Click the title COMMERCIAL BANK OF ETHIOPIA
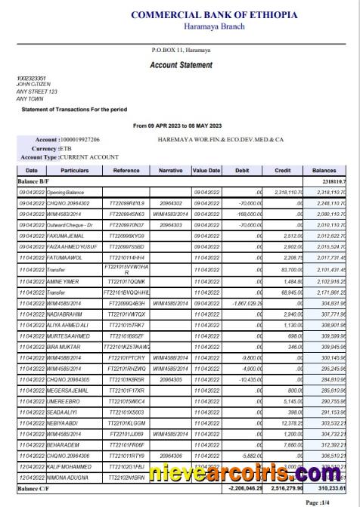[214, 15]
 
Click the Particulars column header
[76, 171]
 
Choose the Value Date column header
[206, 171]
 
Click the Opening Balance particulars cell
[70, 193]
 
